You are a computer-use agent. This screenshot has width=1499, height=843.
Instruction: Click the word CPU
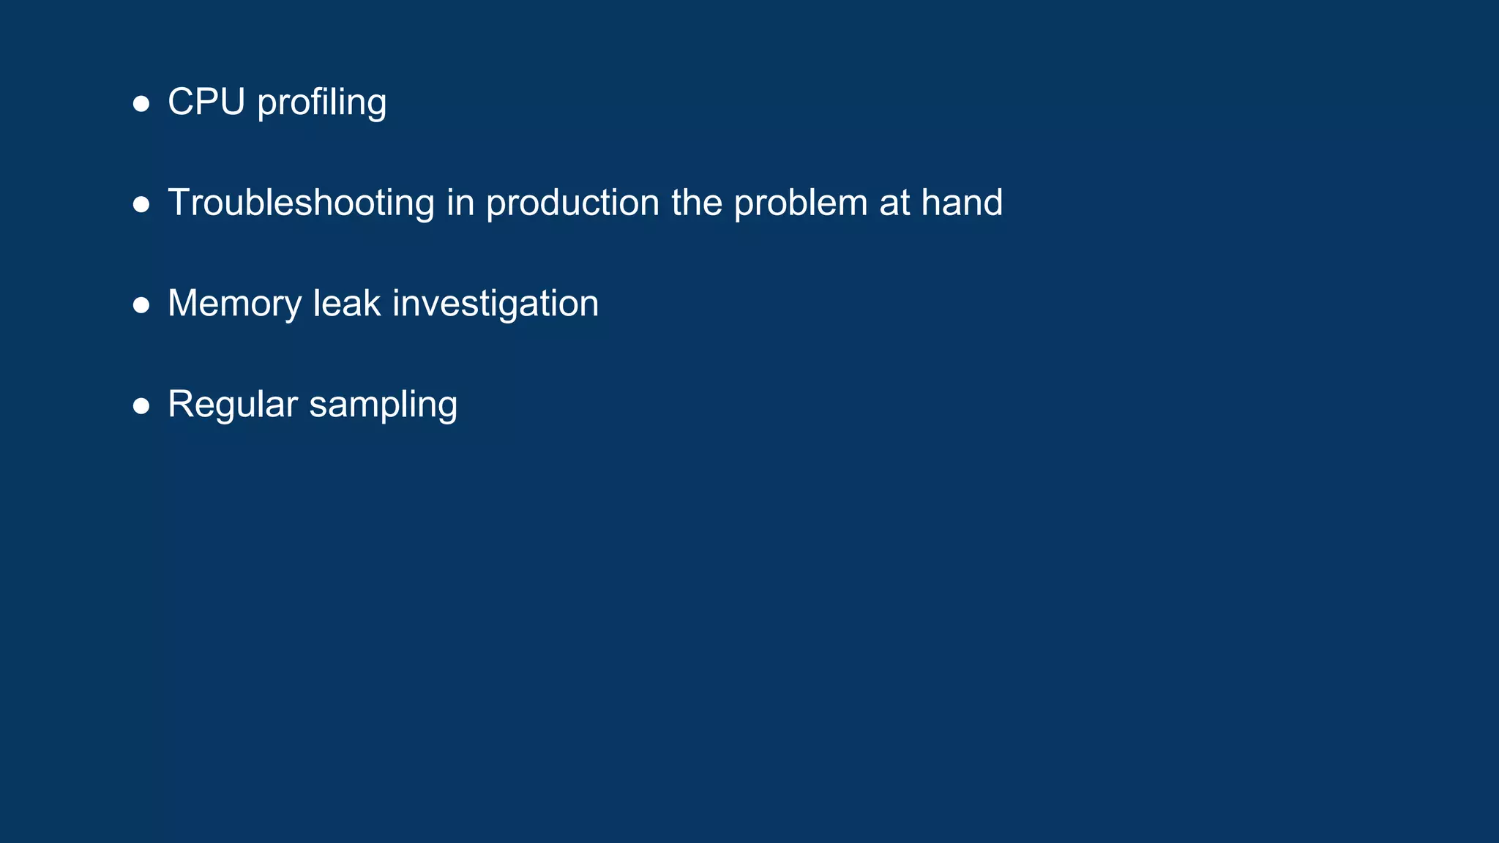click(206, 102)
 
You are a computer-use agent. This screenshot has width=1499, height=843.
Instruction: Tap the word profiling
click(322, 103)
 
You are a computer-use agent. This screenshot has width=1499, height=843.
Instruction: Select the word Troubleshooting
click(301, 203)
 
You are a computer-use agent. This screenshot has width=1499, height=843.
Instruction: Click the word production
click(572, 203)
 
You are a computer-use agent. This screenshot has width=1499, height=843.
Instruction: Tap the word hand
click(962, 203)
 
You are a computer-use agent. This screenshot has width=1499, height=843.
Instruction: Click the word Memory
click(234, 304)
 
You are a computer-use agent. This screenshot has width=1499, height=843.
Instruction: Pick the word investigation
click(496, 304)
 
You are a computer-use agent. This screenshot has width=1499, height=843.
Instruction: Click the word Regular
click(233, 405)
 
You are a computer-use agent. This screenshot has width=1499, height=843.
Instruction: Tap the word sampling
click(384, 405)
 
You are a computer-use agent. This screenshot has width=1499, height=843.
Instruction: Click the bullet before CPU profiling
click(141, 104)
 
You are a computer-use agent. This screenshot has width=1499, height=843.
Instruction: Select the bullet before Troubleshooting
click(141, 205)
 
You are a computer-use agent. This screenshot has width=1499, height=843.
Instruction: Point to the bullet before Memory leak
click(141, 305)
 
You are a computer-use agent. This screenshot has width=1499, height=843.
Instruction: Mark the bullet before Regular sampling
click(141, 406)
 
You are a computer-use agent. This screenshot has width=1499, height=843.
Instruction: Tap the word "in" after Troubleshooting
click(460, 203)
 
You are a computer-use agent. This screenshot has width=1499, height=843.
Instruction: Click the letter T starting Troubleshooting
click(179, 203)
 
